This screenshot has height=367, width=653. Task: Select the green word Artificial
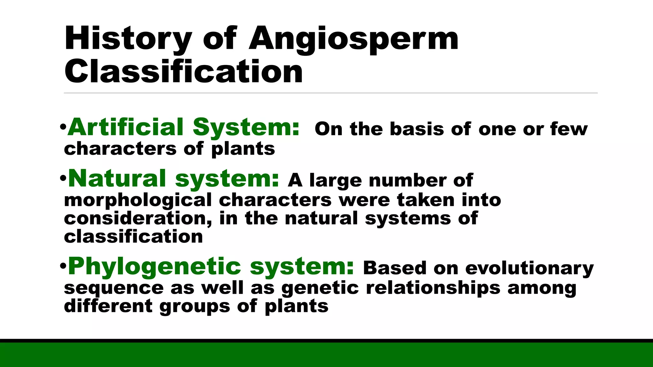pyautogui.click(x=126, y=127)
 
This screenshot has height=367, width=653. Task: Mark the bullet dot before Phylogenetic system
pyautogui.click(x=63, y=266)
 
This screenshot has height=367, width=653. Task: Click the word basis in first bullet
pyautogui.click(x=417, y=129)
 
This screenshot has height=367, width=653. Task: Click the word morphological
pyautogui.click(x=138, y=201)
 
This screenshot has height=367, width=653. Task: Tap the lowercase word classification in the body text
pyautogui.click(x=133, y=237)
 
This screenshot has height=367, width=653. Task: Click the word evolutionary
pyautogui.click(x=529, y=268)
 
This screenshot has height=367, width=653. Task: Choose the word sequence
pyautogui.click(x=114, y=288)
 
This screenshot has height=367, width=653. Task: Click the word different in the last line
pyautogui.click(x=108, y=306)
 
